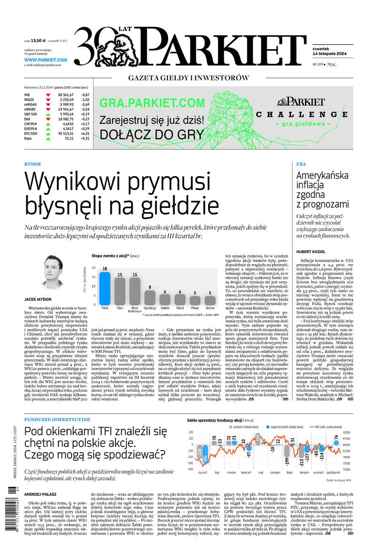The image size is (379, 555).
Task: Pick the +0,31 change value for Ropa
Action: point(85,138)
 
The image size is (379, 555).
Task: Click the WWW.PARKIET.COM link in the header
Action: point(45,60)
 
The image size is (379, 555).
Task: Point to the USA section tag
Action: point(301,164)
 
